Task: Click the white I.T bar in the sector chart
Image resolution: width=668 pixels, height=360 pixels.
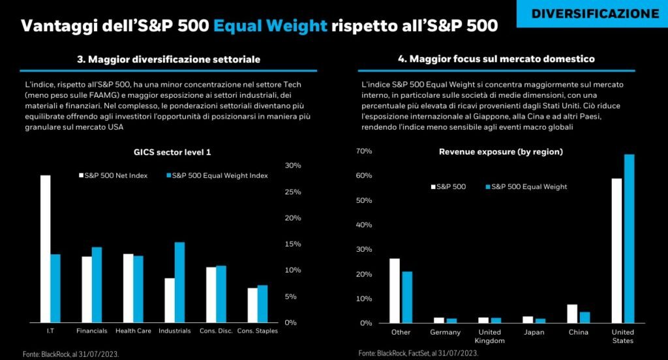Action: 45,248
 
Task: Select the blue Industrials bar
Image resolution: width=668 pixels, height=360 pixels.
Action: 179,282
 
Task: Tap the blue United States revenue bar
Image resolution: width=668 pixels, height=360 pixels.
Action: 629,239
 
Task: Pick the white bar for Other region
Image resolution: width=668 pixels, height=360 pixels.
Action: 395,291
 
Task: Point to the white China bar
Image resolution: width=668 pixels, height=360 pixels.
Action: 572,314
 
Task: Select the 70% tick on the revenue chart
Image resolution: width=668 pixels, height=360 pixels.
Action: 363,151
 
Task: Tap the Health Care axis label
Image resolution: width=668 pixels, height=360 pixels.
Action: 133,331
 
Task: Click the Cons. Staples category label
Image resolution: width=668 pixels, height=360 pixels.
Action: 257,331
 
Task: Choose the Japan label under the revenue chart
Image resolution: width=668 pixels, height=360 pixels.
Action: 529,332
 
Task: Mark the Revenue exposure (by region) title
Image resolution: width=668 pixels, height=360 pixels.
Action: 501,152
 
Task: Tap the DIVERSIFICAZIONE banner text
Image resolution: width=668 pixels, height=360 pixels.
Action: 594,14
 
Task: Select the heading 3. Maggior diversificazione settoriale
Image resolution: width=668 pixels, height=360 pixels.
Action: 168,59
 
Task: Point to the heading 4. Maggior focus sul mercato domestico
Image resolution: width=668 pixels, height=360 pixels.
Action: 496,59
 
